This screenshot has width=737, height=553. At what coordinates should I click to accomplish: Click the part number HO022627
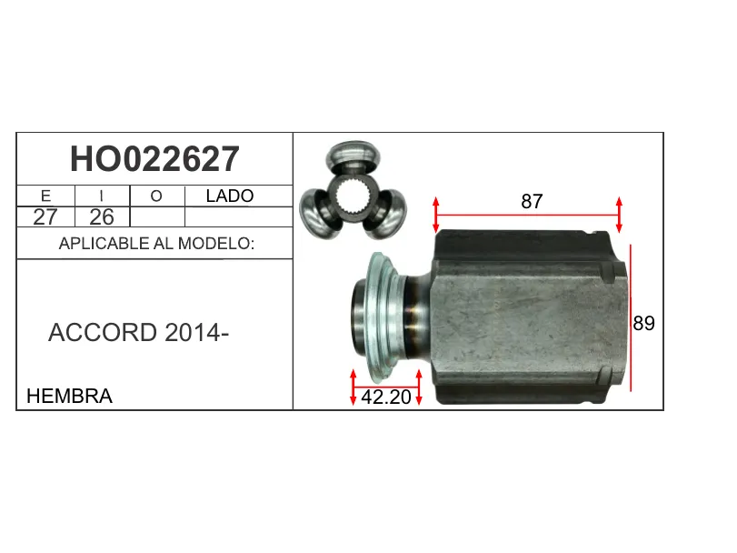[154, 159]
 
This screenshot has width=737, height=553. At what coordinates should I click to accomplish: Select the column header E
[45, 196]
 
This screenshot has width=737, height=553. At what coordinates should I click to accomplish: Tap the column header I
[102, 196]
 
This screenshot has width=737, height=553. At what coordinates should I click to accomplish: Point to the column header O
[156, 196]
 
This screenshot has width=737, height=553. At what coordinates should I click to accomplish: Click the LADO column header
[230, 196]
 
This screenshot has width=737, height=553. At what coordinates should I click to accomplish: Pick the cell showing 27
[45, 216]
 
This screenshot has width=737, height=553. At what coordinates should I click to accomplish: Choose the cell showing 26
[102, 216]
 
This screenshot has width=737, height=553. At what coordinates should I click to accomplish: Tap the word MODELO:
[216, 244]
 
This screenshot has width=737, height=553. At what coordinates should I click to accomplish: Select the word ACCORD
[103, 333]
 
